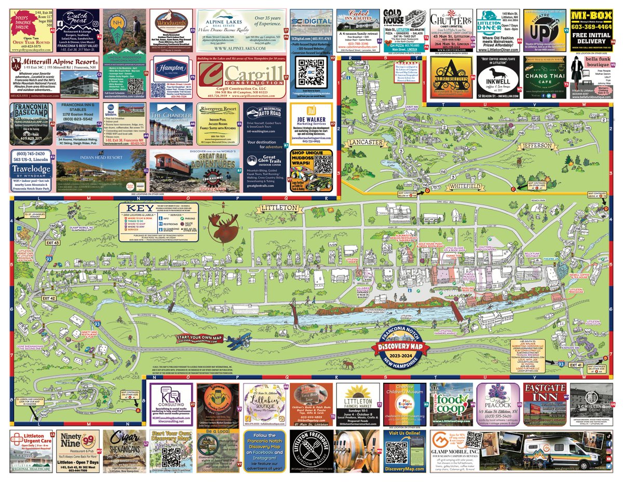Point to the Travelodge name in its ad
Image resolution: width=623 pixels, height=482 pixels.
click(x=32, y=171)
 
